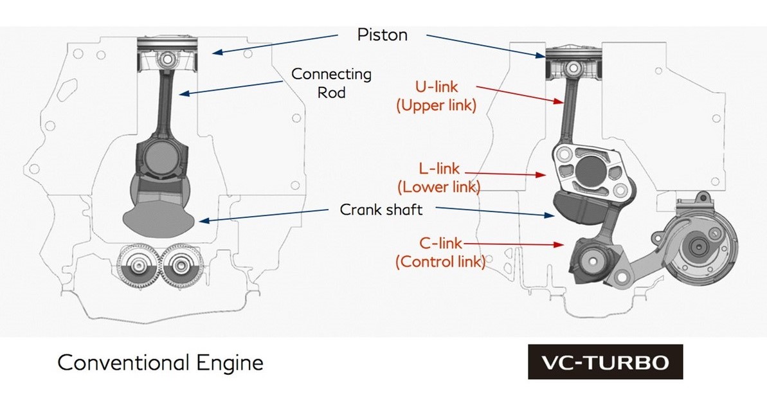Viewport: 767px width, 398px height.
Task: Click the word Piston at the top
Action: [x=382, y=35]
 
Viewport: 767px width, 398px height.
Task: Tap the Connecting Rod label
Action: [x=331, y=83]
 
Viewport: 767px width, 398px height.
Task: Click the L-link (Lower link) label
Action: [x=438, y=178]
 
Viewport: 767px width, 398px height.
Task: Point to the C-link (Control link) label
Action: [x=440, y=252]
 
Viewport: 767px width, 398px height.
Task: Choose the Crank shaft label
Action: [x=381, y=209]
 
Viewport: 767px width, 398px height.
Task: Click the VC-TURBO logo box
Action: [x=605, y=362]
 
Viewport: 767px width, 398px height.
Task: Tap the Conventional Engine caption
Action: [x=161, y=363]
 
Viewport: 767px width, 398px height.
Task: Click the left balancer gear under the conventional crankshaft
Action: [x=138, y=266]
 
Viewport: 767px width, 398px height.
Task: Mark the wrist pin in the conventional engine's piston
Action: [x=167, y=59]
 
